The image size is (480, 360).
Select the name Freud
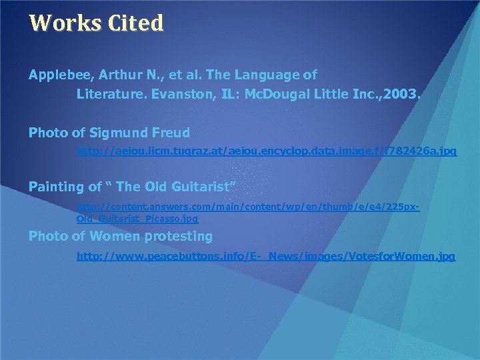[172, 133]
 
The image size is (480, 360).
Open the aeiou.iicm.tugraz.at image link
[267, 152]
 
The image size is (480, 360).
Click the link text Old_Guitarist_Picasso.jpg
[137, 218]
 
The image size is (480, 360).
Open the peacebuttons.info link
[266, 256]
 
